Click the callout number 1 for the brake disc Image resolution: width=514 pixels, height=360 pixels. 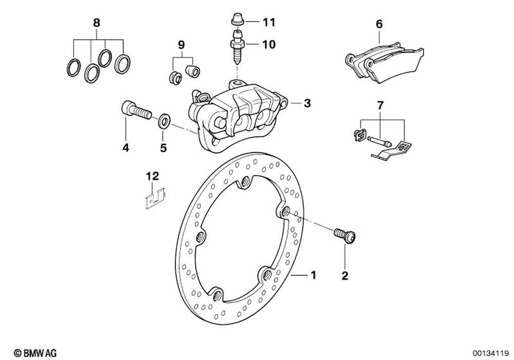[313, 276]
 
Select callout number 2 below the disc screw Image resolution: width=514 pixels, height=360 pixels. [345, 276]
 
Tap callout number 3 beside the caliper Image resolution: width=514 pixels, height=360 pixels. [307, 103]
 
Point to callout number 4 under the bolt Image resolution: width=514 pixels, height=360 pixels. [125, 148]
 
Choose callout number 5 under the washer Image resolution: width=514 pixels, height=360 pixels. [163, 148]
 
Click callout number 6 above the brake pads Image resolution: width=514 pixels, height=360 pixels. [379, 24]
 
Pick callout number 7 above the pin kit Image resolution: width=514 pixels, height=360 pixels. [380, 106]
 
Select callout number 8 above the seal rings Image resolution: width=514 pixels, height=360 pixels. [97, 23]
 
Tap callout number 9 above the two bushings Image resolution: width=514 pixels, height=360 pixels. [180, 45]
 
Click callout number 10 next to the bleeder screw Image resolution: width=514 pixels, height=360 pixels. [269, 44]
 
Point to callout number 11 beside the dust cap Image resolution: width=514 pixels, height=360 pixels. [269, 22]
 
